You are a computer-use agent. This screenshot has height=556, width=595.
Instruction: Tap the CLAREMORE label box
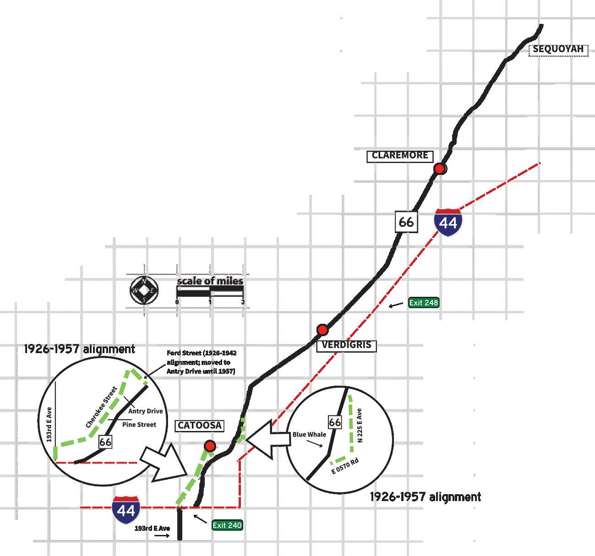[x=399, y=156]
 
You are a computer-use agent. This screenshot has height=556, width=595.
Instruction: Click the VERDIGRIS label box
[x=346, y=345]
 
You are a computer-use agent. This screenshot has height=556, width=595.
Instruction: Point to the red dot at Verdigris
[x=322, y=330]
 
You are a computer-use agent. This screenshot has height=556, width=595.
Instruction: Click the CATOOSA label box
[x=200, y=425]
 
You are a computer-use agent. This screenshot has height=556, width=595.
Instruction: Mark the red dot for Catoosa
[x=210, y=446]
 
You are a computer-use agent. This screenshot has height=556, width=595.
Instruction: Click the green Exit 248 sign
[x=423, y=303]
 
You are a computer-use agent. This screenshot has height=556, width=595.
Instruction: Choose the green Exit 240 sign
[x=227, y=525]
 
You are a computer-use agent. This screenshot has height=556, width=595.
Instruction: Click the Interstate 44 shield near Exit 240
[x=126, y=509]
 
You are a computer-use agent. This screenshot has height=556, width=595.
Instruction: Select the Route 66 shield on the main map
[x=406, y=222]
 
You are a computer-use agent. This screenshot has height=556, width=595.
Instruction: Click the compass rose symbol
[x=144, y=290]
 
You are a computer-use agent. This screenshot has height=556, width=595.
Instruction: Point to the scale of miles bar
[x=210, y=291]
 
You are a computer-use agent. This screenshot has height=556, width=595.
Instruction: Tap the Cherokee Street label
[x=102, y=407]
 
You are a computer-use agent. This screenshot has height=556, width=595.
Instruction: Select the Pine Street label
[x=139, y=425]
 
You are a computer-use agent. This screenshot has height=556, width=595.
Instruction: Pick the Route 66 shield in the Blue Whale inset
[x=335, y=422]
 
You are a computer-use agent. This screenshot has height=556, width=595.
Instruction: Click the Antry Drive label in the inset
[x=145, y=411]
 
